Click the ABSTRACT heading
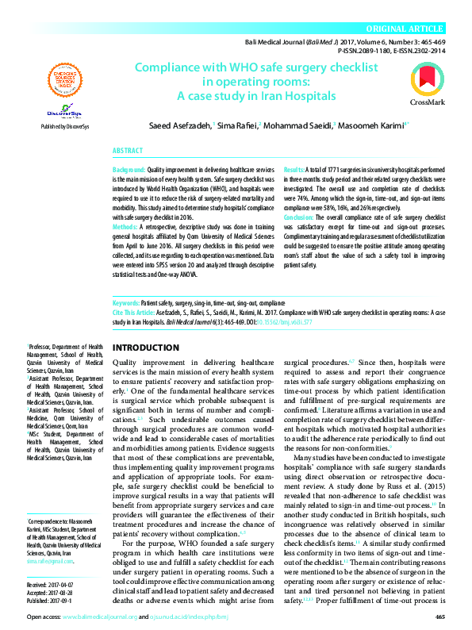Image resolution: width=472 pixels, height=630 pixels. coord(128,150)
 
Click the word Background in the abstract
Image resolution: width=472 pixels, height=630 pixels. coord(129,171)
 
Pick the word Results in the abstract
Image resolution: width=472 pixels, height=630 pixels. coord(292,171)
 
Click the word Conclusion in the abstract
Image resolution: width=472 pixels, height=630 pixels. coord(299,217)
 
